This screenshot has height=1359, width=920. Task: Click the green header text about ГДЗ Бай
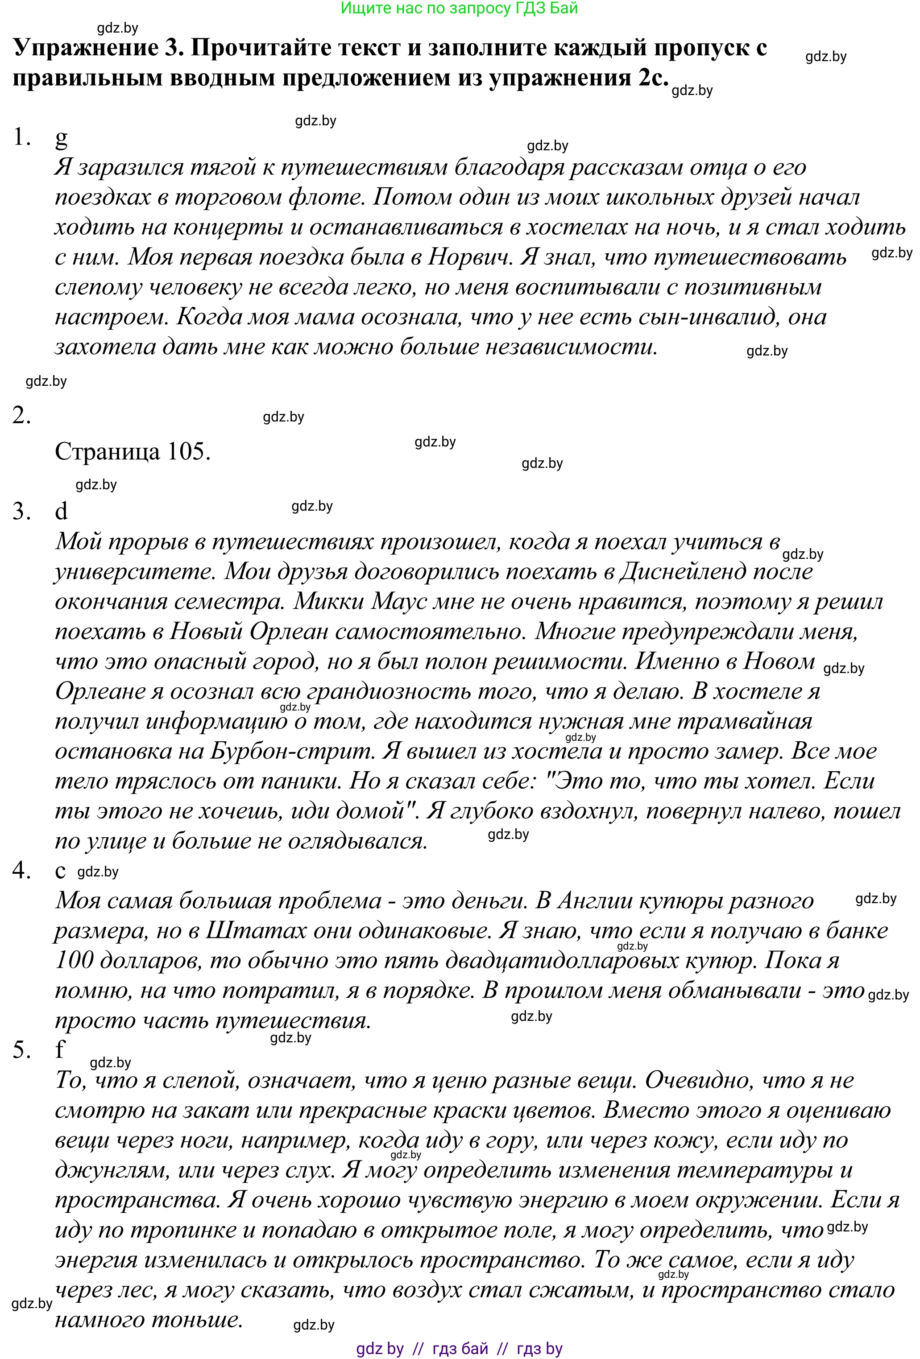tap(459, 8)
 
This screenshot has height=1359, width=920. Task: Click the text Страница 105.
tap(132, 451)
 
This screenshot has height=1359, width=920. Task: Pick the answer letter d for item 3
tap(61, 511)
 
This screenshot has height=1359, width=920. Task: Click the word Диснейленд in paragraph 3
tap(682, 571)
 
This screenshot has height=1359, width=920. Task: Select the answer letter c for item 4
tap(60, 871)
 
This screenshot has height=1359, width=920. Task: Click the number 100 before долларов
tap(74, 960)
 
